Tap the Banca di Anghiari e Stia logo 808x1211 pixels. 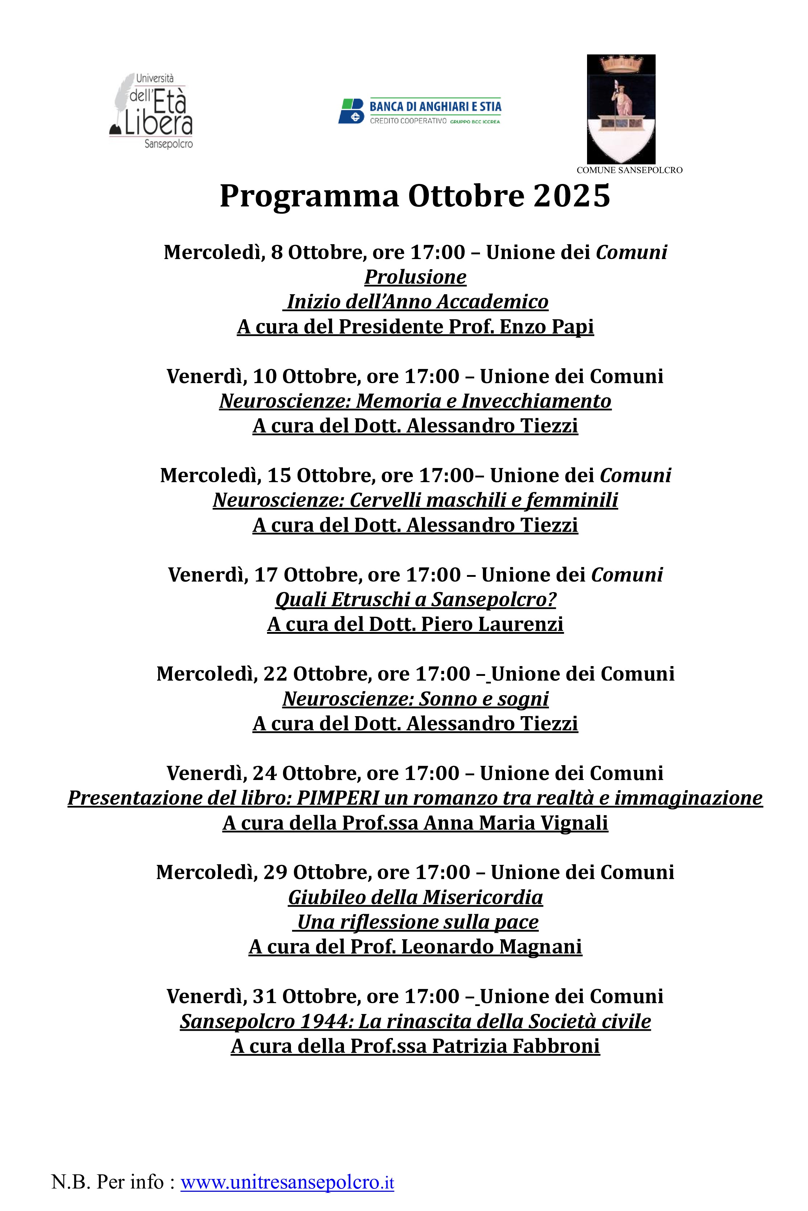pos(419,111)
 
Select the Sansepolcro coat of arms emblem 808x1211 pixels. pos(621,109)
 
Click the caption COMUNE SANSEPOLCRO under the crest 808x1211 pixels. pos(629,170)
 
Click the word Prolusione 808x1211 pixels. pos(415,277)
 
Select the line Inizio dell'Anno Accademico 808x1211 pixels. pos(417,302)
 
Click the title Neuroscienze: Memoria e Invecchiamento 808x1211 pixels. pos(415,401)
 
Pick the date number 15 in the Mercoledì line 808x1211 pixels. pos(279,475)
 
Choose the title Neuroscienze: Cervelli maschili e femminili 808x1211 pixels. pos(415,500)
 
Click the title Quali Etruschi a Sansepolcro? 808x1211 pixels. pos(415,599)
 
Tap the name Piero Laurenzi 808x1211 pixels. pos(492,624)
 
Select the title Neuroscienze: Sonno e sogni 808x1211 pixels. pos(415,699)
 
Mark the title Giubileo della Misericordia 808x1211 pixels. pos(415,897)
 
